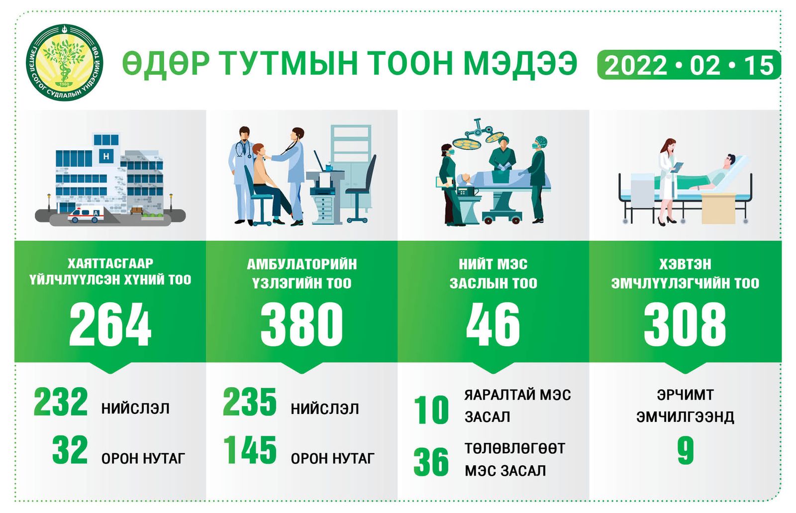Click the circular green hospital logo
pyautogui.click(x=64, y=63)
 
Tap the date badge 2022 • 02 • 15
pyautogui.click(x=689, y=65)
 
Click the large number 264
pyautogui.click(x=110, y=324)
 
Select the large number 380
pyautogui.click(x=301, y=324)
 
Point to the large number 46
pyautogui.click(x=493, y=324)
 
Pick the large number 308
pyautogui.click(x=685, y=324)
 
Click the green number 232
pyautogui.click(x=60, y=402)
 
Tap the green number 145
pyautogui.click(x=250, y=450)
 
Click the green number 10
pyautogui.click(x=431, y=410)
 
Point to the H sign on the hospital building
pyautogui.click(x=106, y=156)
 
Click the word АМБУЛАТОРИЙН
pyautogui.click(x=301, y=265)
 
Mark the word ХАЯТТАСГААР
pyautogui.click(x=110, y=263)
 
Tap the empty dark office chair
pyautogui.click(x=360, y=189)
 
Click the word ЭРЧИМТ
pyautogui.click(x=685, y=395)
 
